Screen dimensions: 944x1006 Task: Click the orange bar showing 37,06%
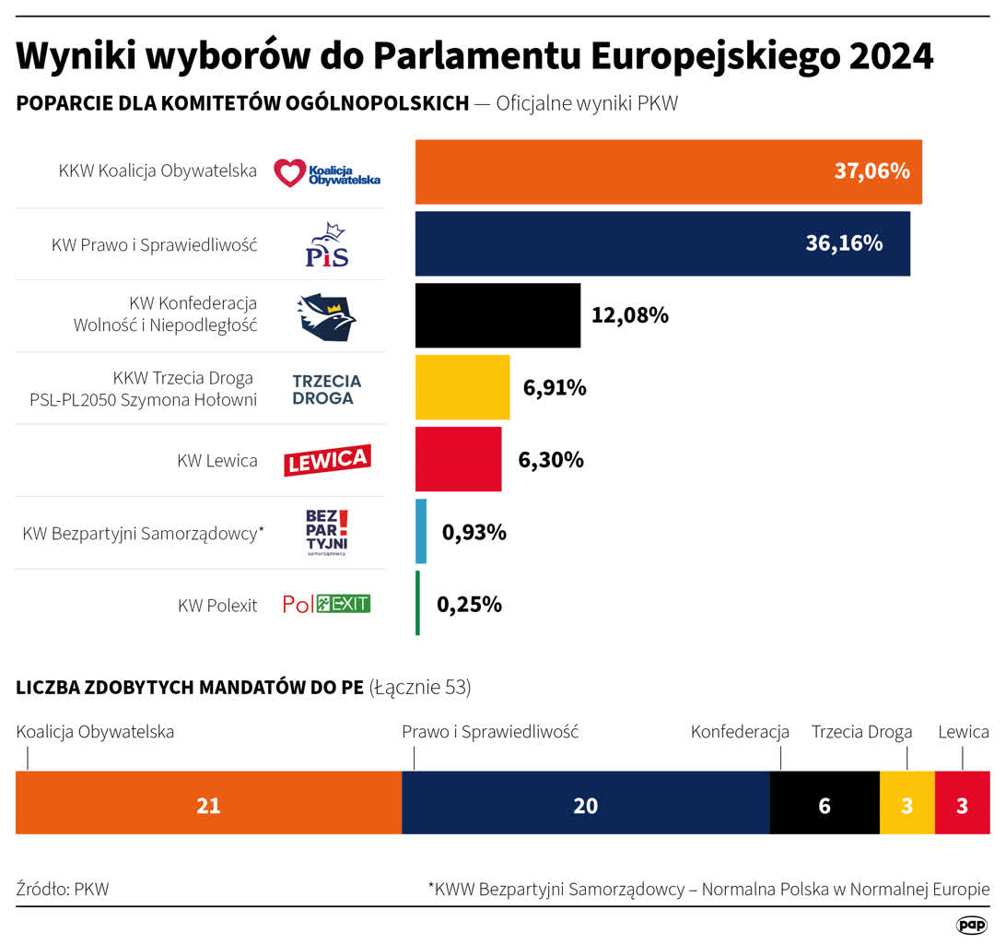(x=668, y=171)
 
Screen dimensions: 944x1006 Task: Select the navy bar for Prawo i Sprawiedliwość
(x=662, y=243)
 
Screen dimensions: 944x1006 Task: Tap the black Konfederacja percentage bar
(x=497, y=315)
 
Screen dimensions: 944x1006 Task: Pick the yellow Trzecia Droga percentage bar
(x=462, y=387)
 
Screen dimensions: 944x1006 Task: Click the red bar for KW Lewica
(x=458, y=459)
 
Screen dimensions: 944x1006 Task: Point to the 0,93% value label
(x=474, y=532)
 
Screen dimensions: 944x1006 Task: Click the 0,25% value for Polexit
(x=469, y=604)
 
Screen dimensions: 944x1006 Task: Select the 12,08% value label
(x=629, y=315)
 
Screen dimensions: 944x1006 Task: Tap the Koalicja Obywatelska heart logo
(x=326, y=172)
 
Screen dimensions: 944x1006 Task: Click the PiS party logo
(x=327, y=245)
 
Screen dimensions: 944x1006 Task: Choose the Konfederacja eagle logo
(x=326, y=317)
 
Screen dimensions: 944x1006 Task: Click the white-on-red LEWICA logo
(x=326, y=460)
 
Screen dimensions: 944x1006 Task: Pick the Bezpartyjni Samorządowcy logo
(x=327, y=533)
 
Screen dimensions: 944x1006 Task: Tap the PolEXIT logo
(x=326, y=605)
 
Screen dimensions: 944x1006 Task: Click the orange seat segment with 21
(x=208, y=804)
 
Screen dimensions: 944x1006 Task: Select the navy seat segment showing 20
(x=585, y=804)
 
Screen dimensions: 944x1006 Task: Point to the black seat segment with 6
(x=824, y=804)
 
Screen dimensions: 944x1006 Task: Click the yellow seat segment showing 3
(x=907, y=804)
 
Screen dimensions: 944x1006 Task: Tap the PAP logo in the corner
(x=972, y=925)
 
